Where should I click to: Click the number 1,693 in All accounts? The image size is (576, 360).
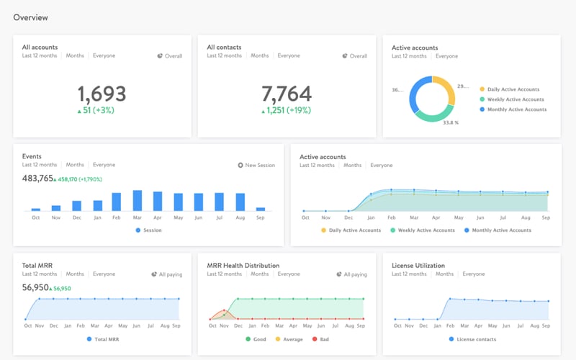click(x=102, y=94)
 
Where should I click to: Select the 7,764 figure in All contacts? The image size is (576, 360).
click(x=286, y=94)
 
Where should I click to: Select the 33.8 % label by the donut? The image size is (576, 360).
click(x=451, y=122)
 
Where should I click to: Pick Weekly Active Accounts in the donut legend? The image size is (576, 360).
click(x=516, y=99)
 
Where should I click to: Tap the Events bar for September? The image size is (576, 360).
click(x=261, y=209)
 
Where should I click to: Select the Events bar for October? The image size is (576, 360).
click(x=36, y=209)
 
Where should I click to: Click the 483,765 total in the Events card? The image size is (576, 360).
click(x=37, y=179)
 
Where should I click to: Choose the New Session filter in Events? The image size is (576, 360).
click(x=256, y=165)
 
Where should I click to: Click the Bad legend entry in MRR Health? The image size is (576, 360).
click(x=321, y=339)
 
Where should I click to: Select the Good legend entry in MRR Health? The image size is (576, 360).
click(x=257, y=339)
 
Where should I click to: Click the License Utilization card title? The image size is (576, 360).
click(x=418, y=265)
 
